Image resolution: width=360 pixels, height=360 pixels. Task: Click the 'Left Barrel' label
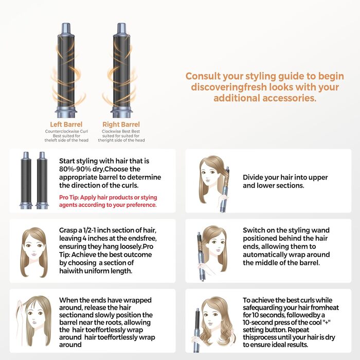click(66, 124)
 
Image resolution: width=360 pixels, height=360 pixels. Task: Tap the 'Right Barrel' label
click(121, 124)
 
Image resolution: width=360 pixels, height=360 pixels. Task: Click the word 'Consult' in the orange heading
click(205, 76)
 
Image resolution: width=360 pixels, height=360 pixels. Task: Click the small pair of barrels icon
click(34, 181)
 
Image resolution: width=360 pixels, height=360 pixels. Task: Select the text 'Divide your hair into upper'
click(285, 177)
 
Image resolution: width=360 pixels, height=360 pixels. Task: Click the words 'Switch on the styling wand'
click(286, 230)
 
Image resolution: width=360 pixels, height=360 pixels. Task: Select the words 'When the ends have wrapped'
click(105, 300)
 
